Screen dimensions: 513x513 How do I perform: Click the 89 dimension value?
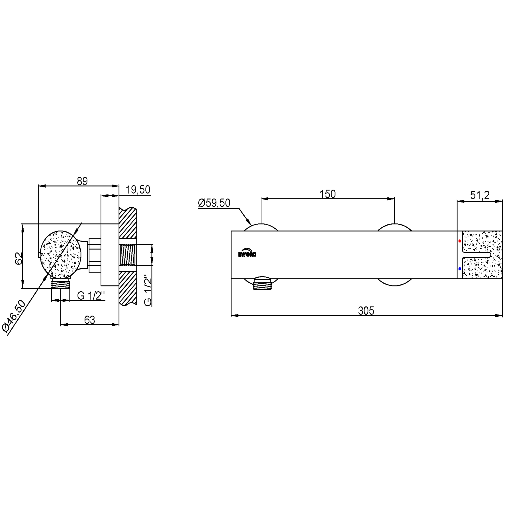[82, 181]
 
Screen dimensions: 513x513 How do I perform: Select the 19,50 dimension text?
[138, 190]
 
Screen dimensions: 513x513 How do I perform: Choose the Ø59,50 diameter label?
[214, 203]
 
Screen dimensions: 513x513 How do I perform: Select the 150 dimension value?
[327, 194]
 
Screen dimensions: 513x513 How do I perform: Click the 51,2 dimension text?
[480, 195]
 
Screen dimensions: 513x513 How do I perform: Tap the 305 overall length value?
[366, 311]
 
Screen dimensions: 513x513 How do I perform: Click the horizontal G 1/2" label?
[91, 295]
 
